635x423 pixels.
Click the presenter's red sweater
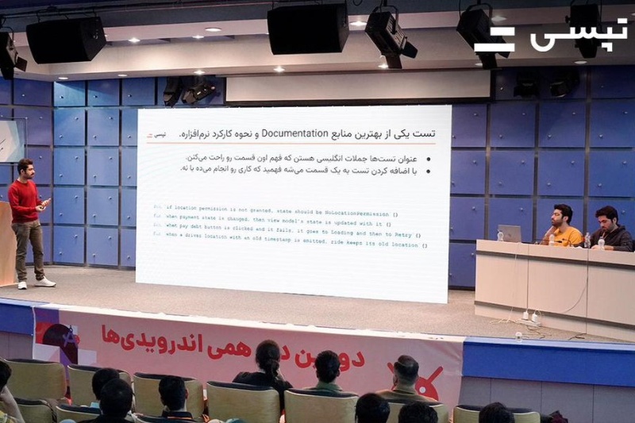pos(24,200)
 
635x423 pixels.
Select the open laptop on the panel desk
pos(509,233)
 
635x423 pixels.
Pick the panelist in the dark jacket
pos(610,230)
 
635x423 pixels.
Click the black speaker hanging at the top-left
pos(65,40)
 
